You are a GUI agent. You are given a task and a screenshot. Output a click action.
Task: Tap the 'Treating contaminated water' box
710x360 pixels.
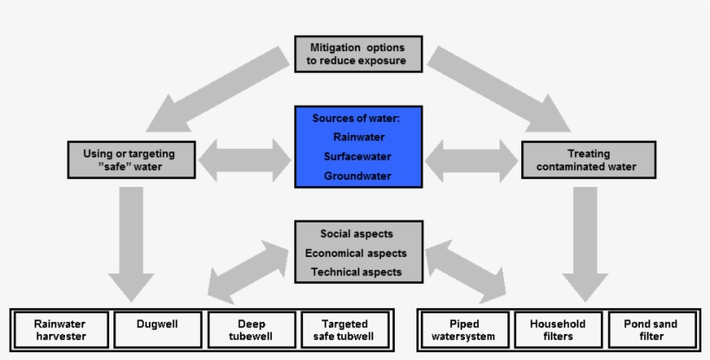(585, 160)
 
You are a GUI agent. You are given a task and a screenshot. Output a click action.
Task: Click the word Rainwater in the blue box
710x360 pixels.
(358, 138)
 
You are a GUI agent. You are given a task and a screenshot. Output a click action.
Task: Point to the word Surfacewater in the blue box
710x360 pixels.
(358, 157)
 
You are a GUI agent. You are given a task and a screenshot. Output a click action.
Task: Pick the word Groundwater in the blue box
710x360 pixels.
(358, 177)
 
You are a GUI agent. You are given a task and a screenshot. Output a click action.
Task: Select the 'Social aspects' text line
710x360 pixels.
(357, 235)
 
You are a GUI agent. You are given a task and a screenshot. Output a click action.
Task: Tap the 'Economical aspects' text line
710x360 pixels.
(357, 254)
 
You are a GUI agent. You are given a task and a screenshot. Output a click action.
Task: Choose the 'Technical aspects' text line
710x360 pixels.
(357, 272)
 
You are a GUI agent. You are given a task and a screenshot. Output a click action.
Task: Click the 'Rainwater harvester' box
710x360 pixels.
(60, 330)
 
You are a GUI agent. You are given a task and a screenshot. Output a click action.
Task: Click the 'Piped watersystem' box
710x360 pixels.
(462, 330)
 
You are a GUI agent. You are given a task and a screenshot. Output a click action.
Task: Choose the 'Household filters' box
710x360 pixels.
(557, 330)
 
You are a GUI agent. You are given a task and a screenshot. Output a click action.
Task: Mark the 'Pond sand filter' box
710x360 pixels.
(652, 330)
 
